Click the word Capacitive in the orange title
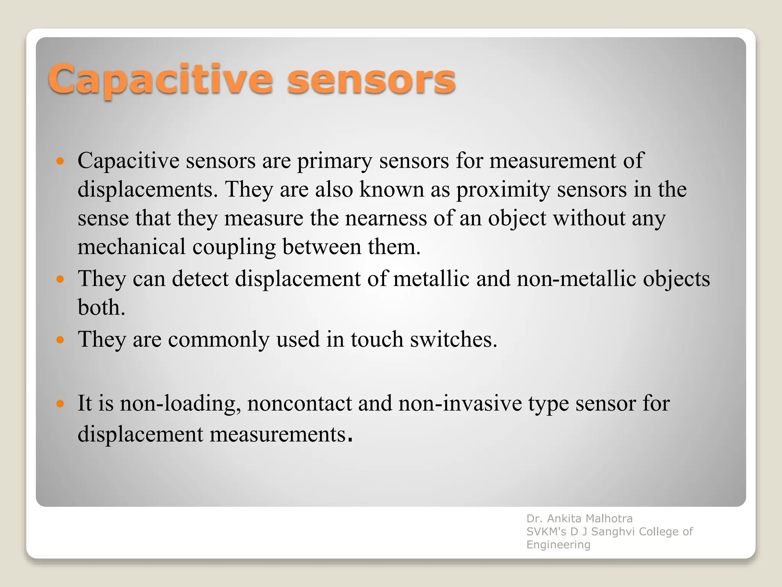[160, 79]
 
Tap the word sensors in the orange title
[371, 79]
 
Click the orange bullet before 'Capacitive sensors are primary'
[60, 161]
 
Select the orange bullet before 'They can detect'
[60, 279]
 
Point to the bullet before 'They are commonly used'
[60, 339]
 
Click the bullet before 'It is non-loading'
[60, 403]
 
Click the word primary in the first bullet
[334, 161]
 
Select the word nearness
[386, 219]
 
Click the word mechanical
[131, 247]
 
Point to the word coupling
[234, 247]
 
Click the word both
[101, 308]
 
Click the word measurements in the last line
[278, 435]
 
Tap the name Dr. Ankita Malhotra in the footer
[579, 519]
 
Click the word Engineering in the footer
[558, 545]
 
